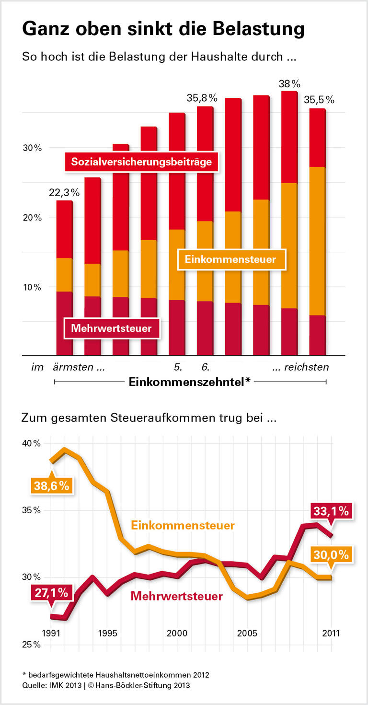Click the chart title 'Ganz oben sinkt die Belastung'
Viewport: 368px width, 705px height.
pyautogui.click(x=163, y=29)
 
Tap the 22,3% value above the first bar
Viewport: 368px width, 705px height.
pyautogui.click(x=64, y=193)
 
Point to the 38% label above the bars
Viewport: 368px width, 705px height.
pyautogui.click(x=289, y=84)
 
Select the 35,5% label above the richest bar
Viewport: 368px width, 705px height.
pyautogui.click(x=319, y=100)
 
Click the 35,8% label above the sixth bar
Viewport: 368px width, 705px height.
pyautogui.click(x=202, y=98)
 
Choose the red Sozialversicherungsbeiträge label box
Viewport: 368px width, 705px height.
pyautogui.click(x=141, y=162)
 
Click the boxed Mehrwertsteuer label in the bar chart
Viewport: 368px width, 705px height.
pyautogui.click(x=111, y=329)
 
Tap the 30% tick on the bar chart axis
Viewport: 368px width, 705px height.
pyautogui.click(x=32, y=148)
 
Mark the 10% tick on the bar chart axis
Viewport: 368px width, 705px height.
pyautogui.click(x=32, y=287)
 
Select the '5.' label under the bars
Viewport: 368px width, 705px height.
pyautogui.click(x=178, y=368)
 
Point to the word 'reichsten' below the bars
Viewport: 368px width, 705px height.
pyautogui.click(x=307, y=368)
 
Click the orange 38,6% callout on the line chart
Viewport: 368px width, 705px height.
pyautogui.click(x=51, y=486)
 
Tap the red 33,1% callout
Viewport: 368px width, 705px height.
pyautogui.click(x=332, y=512)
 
